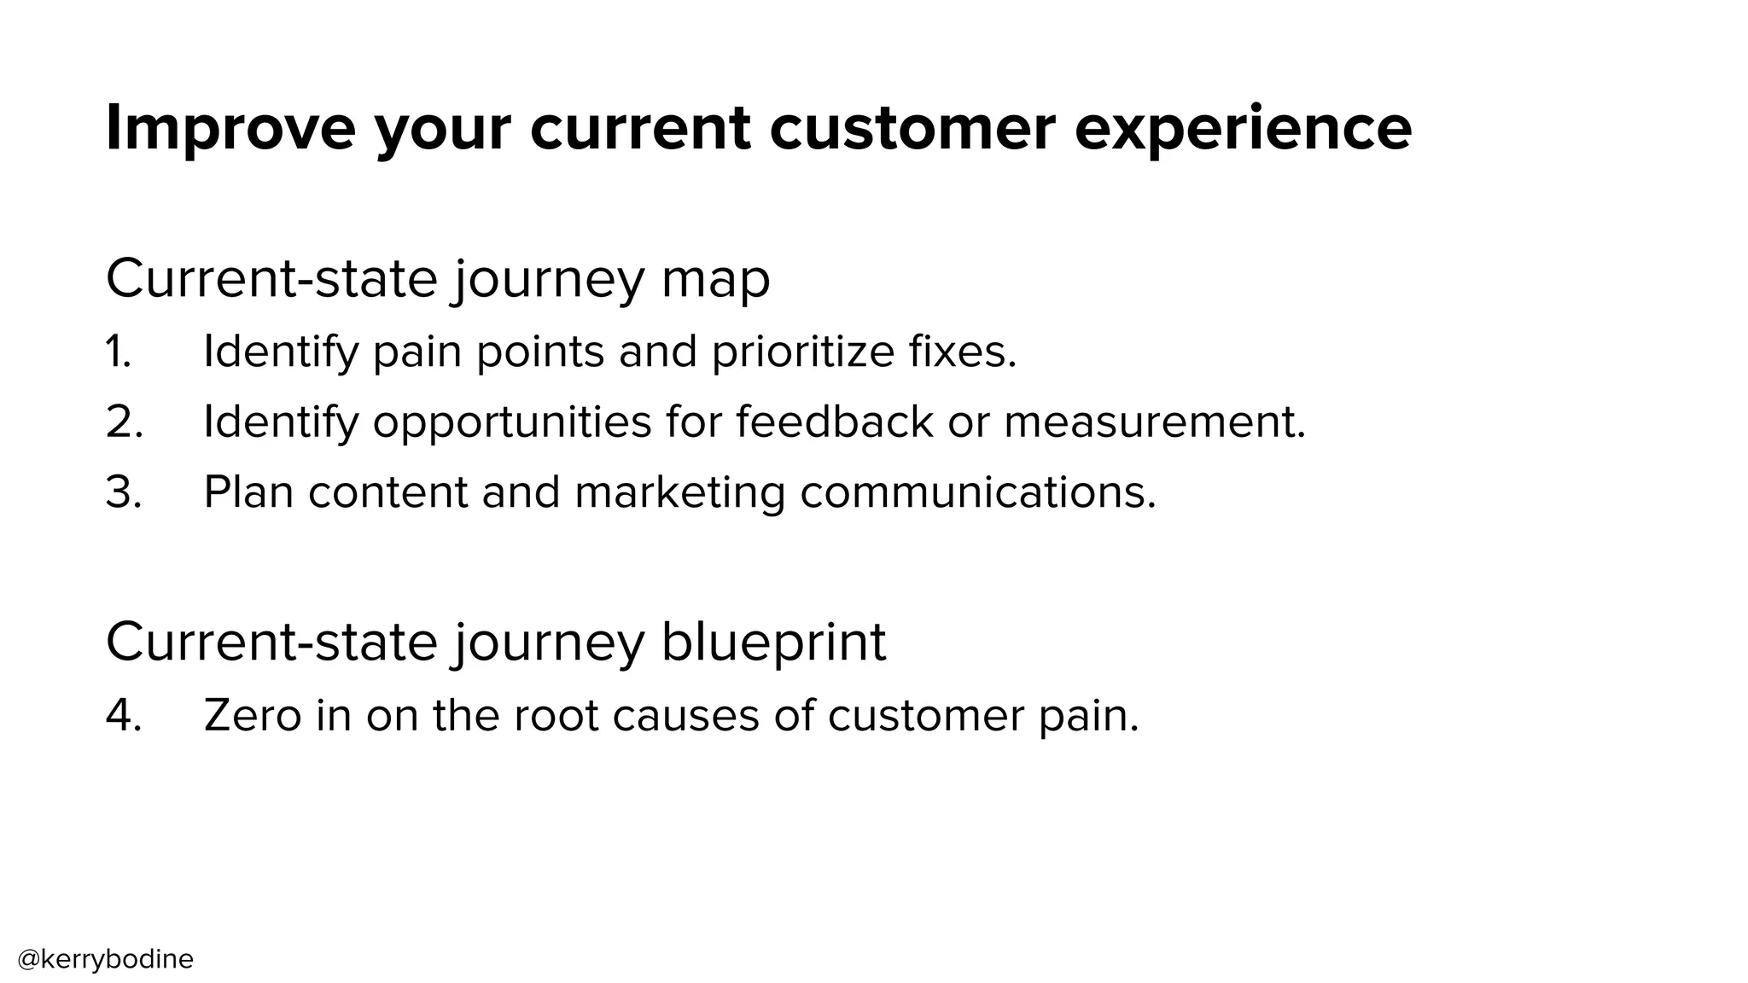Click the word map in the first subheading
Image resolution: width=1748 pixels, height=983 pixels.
715,279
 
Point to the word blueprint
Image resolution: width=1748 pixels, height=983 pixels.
773,642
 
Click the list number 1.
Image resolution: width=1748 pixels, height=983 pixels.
119,352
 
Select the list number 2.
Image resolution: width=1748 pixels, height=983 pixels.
124,422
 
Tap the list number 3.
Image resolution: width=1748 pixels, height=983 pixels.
124,492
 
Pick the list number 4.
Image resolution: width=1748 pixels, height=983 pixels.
124,715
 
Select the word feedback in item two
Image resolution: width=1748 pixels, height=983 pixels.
835,422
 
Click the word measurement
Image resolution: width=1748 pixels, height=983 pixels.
1154,422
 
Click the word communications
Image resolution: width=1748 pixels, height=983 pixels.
978,492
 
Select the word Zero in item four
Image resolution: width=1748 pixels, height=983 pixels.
253,715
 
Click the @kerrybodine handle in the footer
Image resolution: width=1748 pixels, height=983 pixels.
106,959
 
